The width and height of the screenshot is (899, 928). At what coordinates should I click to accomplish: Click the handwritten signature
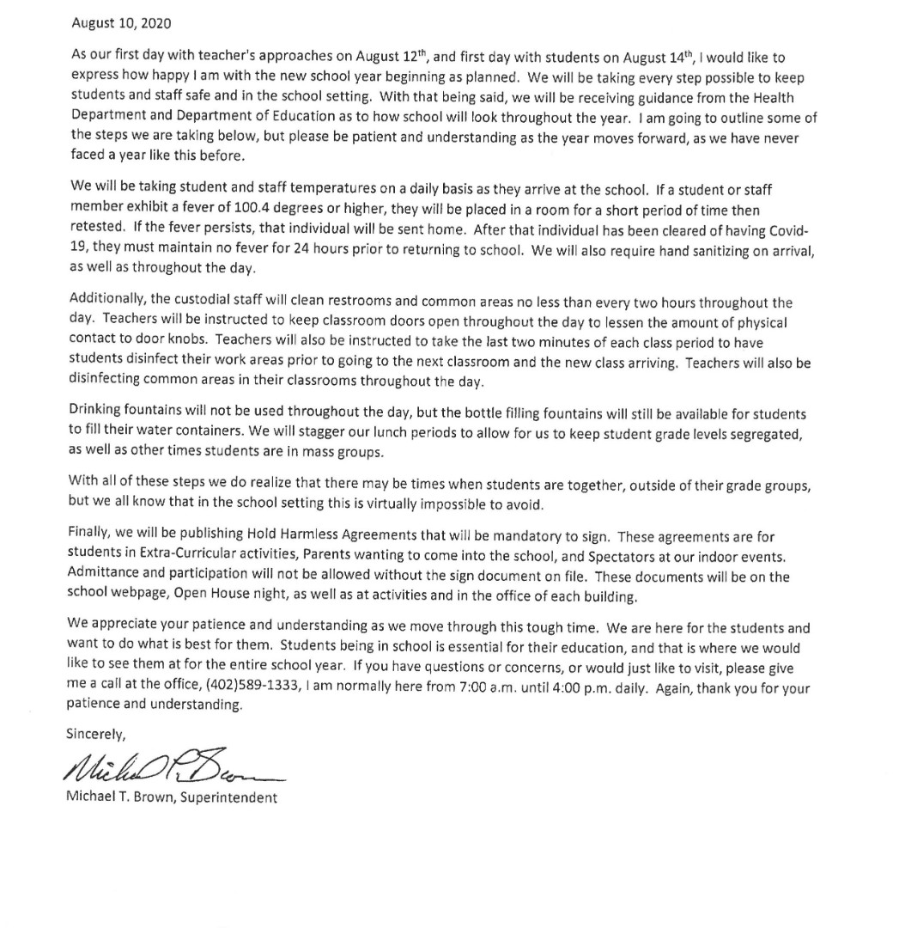[172, 763]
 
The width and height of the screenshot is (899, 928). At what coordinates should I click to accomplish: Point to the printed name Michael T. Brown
[120, 797]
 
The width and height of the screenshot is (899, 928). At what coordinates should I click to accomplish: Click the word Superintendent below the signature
[229, 797]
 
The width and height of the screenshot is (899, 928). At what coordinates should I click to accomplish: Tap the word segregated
[762, 434]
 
